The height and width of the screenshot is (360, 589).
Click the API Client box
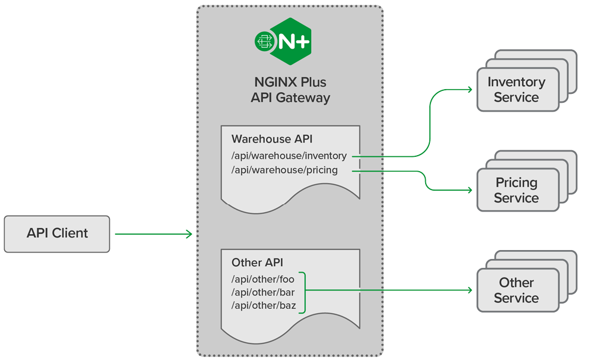[57, 233]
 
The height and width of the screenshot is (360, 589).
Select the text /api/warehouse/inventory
[289, 156]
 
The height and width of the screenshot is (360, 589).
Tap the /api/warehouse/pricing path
[284, 170]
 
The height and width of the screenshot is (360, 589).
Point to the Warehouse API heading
[271, 139]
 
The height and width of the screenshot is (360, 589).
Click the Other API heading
[257, 263]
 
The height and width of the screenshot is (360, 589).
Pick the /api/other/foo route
[262, 279]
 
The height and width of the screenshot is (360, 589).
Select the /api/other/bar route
[262, 292]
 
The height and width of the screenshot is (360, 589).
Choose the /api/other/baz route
[262, 305]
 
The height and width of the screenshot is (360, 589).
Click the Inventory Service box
[517, 90]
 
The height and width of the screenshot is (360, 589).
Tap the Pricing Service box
[517, 190]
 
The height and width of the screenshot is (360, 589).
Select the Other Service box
[517, 290]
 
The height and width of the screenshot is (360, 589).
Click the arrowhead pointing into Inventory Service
[469, 90]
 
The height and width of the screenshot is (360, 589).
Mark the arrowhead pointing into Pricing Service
[469, 190]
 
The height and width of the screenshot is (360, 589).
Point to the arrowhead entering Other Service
[469, 290]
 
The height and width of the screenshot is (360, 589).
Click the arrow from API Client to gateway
[153, 234]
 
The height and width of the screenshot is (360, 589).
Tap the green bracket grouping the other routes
[303, 292]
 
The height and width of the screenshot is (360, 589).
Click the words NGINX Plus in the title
[290, 82]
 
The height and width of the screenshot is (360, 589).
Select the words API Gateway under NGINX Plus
[290, 97]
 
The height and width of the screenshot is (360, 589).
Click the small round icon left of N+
[263, 41]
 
